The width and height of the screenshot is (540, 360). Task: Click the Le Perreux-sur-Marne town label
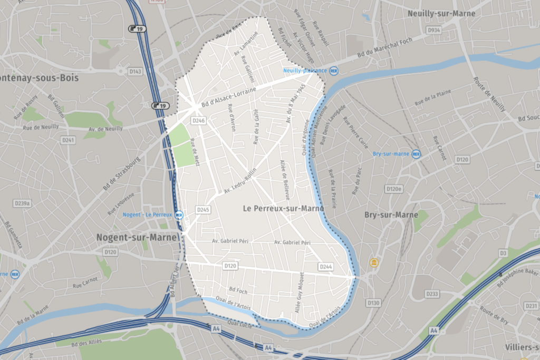tap(283, 208)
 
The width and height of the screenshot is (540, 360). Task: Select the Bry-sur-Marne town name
tap(391, 215)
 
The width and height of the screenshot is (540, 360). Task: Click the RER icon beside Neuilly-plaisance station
tap(334, 70)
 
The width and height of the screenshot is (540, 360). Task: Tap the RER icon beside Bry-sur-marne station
tap(416, 154)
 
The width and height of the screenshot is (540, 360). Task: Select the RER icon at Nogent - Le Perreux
tap(179, 215)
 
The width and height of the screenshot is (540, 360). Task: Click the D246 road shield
tap(198, 121)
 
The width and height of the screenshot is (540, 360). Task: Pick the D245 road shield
tap(203, 210)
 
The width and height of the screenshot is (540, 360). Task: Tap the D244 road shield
tap(326, 267)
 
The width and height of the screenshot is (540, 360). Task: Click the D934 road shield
tap(433, 31)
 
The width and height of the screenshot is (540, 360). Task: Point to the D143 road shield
tap(136, 71)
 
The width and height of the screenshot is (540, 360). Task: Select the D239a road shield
tap(22, 203)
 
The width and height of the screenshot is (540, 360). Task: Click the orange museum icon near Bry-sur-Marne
tap(374, 262)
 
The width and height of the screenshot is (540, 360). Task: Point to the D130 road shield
tap(373, 303)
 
